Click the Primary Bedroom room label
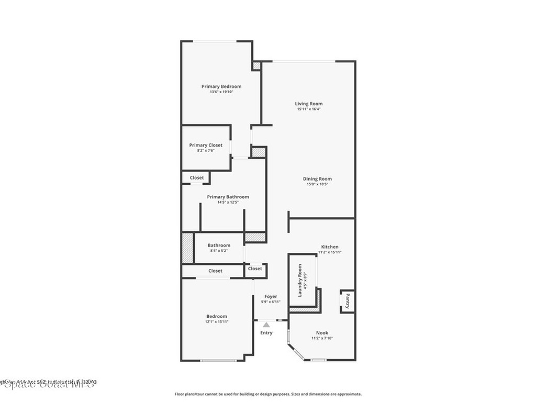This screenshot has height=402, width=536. (221, 86)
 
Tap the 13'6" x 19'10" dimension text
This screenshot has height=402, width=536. (221, 92)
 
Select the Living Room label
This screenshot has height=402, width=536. (308, 104)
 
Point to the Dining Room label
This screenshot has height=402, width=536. (317, 179)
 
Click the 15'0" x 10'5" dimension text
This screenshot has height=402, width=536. (317, 184)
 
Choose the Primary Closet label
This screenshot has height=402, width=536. (206, 145)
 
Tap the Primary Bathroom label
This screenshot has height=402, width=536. (228, 197)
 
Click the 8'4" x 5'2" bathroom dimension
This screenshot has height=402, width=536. (219, 251)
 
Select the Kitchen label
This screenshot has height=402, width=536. (330, 247)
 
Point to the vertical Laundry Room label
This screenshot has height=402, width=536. (300, 281)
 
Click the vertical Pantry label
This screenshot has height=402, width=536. (347, 301)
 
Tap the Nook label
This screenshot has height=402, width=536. (322, 333)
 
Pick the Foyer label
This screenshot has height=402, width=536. (271, 296)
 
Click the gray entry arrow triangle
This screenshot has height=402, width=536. (266, 325)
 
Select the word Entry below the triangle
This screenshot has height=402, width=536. (266, 333)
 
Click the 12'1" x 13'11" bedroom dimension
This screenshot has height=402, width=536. (217, 322)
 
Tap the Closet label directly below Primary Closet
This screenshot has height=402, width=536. (197, 178)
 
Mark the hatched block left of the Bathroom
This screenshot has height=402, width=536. (187, 248)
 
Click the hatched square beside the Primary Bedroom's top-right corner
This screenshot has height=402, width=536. (256, 66)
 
